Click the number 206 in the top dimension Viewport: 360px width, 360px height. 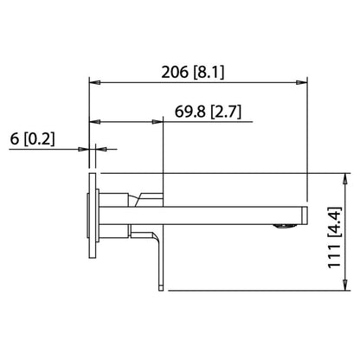178,73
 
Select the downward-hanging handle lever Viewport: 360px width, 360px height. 158,255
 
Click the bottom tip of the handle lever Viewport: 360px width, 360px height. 160,286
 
